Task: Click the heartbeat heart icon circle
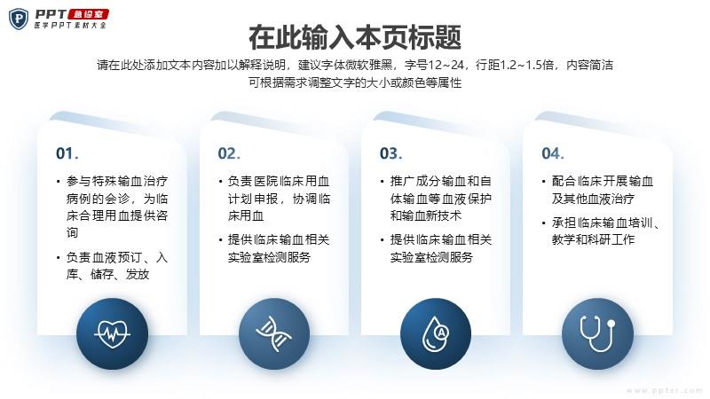point(113,334)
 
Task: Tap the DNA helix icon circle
point(274,334)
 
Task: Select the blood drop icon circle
point(436,334)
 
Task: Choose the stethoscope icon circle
point(597,334)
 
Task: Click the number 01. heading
point(67,153)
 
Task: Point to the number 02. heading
point(229,153)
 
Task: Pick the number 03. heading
point(390,153)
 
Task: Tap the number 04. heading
point(552,153)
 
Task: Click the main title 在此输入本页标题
point(355,37)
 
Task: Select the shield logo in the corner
point(19,20)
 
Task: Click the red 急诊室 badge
point(89,14)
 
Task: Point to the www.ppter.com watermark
point(664,390)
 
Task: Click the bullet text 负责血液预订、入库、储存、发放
point(113,266)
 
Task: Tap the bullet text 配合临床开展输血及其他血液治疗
point(597,190)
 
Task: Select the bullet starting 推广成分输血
point(437,199)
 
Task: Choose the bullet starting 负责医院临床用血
point(274,199)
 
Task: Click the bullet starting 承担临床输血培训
point(601,231)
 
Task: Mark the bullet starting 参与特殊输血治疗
point(113,207)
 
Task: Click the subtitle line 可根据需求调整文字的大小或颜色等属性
point(355,82)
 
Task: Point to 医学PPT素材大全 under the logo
point(70,26)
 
